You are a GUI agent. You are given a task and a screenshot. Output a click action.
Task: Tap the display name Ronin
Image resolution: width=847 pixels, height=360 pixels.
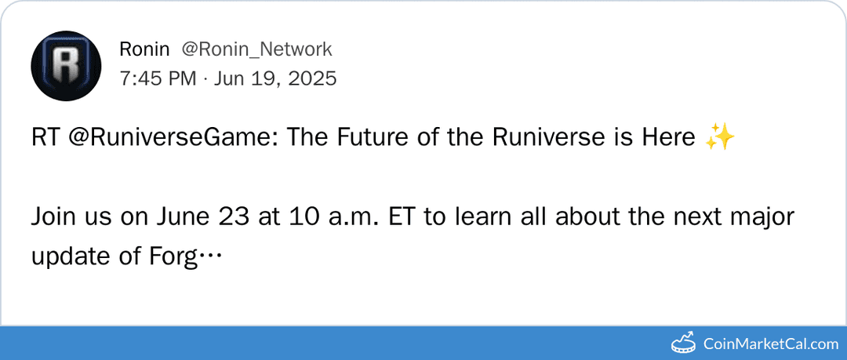coord(144,49)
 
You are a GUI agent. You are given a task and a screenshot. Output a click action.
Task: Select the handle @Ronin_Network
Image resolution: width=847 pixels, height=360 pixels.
coord(257,49)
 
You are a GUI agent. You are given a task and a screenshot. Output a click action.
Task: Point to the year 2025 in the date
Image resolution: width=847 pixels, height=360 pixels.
coord(311,78)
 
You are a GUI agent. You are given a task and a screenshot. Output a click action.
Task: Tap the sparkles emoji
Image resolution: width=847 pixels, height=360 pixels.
coord(719,138)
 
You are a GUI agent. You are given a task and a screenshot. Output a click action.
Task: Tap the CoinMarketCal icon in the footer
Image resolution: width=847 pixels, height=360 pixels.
coord(684,343)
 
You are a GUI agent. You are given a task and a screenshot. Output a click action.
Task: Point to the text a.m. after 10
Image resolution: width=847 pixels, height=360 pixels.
coord(354,216)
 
